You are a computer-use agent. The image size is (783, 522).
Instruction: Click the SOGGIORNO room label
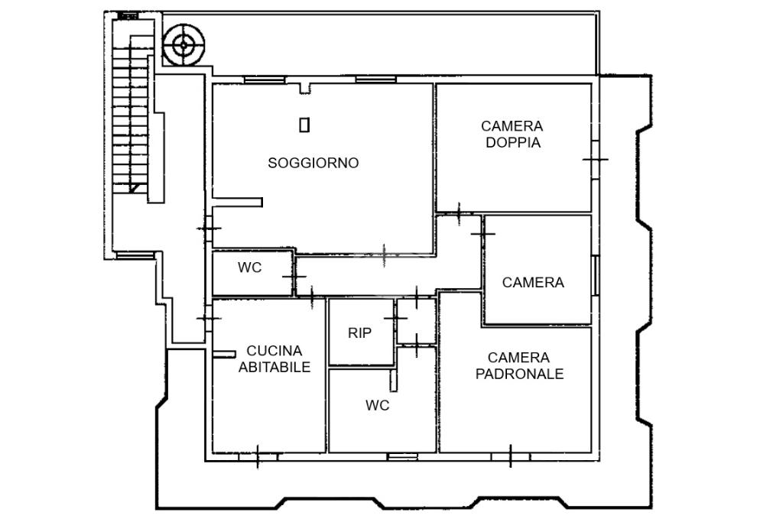pyautogui.click(x=313, y=163)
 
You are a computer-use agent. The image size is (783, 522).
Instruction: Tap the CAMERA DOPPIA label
pyautogui.click(x=512, y=135)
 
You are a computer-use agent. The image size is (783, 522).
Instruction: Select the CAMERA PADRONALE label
pyautogui.click(x=519, y=366)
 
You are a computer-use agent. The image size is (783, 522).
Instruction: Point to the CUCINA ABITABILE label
pyautogui.click(x=275, y=359)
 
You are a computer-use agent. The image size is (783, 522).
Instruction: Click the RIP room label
pyautogui.click(x=359, y=333)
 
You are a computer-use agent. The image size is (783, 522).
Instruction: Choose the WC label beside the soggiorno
pyautogui.click(x=249, y=268)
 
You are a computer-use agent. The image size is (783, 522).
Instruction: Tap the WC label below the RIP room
pyautogui.click(x=377, y=406)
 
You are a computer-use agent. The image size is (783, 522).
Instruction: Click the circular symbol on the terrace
pyautogui.click(x=183, y=45)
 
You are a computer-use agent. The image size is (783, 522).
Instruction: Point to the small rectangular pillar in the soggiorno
pyautogui.click(x=304, y=125)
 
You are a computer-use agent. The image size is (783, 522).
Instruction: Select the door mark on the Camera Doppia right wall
pyautogui.click(x=595, y=159)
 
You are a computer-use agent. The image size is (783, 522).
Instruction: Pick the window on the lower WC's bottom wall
pyautogui.click(x=402, y=456)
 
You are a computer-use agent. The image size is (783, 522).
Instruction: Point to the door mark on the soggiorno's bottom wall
pyautogui.click(x=384, y=254)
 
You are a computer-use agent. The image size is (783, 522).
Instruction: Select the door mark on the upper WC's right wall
pyautogui.click(x=294, y=275)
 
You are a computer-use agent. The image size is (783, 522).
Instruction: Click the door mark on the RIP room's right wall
pyautogui.click(x=395, y=316)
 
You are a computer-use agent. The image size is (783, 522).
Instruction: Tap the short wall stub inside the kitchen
pyautogui.click(x=224, y=353)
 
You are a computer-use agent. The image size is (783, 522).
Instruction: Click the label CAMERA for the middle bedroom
pyautogui.click(x=533, y=283)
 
